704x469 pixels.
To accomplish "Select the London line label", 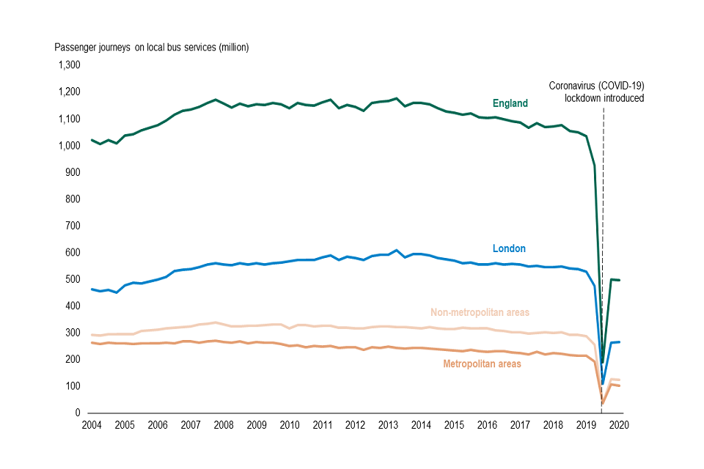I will click(509, 248).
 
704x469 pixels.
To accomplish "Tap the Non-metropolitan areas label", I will click(480, 312).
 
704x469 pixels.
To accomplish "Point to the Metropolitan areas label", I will click(482, 363).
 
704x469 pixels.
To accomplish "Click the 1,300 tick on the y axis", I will click(68, 65).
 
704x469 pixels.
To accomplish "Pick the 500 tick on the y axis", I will click(73, 279).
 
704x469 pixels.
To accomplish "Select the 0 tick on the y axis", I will click(77, 413).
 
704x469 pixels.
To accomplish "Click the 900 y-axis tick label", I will click(73, 172).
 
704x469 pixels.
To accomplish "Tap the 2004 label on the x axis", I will click(91, 425).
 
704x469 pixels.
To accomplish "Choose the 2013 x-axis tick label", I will click(387, 425).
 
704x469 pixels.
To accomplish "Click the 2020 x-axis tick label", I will click(618, 425).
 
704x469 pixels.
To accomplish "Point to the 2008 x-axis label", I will click(223, 425).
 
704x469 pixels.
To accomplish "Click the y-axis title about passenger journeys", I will click(152, 48).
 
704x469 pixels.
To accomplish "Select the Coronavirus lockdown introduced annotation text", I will click(596, 92).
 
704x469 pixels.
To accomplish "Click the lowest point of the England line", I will click(603, 362).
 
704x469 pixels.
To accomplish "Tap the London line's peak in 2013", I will click(396, 251).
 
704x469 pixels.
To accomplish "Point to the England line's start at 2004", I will click(92, 139).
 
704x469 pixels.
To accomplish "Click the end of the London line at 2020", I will click(620, 342).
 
